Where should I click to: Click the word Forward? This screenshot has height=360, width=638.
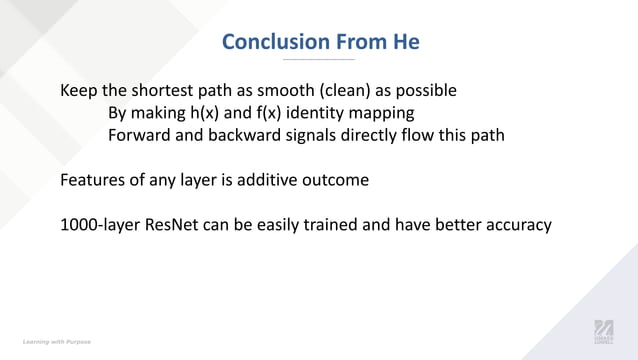[140, 134]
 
